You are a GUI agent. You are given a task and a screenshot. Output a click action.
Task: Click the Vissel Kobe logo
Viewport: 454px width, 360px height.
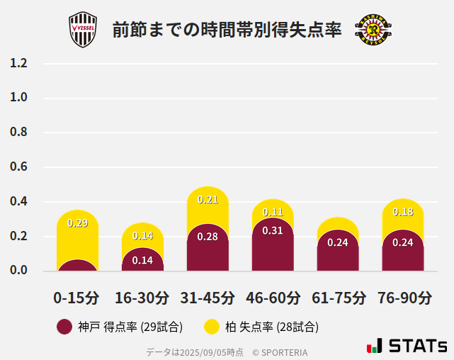pos(84,30)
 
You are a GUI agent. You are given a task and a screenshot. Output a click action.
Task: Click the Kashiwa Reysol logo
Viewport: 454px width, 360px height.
pos(373,30)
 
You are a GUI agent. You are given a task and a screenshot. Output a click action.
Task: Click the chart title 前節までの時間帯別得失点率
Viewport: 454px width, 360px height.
pos(227,30)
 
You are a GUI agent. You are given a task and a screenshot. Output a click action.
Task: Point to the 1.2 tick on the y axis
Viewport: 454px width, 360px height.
pos(19,63)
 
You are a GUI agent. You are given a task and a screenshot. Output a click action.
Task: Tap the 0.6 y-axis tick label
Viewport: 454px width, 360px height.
pos(19,167)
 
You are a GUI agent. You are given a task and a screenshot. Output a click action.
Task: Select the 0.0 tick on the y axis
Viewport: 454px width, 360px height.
pos(19,271)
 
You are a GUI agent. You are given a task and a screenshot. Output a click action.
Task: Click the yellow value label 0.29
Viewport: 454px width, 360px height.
pos(77,223)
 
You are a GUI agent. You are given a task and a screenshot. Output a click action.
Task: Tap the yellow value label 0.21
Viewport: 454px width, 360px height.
pos(208,200)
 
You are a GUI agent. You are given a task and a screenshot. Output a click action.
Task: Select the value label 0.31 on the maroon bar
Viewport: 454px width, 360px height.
pos(273,230)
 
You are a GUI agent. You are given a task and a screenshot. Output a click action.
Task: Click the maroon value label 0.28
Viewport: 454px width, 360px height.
pos(208,237)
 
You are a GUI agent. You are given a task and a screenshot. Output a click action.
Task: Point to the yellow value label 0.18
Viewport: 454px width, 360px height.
pos(403,212)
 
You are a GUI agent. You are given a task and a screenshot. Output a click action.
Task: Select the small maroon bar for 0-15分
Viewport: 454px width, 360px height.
pos(77,266)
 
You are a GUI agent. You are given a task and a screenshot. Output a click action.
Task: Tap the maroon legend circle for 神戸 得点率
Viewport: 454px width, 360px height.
pos(64,327)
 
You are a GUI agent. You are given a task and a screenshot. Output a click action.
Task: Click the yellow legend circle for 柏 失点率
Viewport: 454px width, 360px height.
pos(212,327)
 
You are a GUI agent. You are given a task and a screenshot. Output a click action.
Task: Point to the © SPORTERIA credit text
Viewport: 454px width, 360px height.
pos(280,351)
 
